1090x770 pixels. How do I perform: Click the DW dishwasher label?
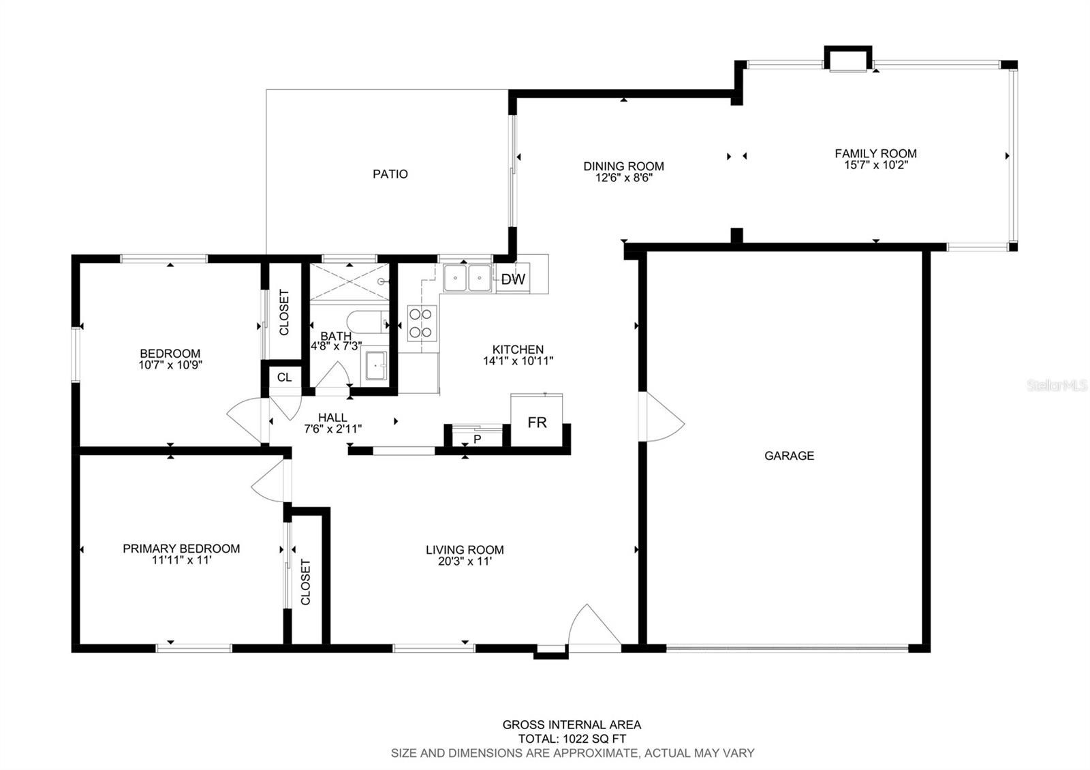click(x=514, y=279)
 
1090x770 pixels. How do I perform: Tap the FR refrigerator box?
click(x=537, y=422)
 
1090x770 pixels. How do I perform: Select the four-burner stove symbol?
click(x=422, y=323)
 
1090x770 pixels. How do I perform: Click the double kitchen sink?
click(x=467, y=278)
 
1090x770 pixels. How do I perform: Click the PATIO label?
click(x=390, y=174)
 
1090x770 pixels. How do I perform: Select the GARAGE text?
click(x=789, y=456)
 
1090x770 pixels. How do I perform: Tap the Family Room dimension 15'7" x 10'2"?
click(x=875, y=165)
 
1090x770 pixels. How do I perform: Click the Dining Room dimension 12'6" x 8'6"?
click(x=623, y=178)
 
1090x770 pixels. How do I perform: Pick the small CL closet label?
click(x=284, y=377)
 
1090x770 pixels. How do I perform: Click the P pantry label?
click(x=477, y=439)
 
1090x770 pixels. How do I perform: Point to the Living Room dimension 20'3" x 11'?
click(x=465, y=562)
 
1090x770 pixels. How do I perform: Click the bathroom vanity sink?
click(x=375, y=366)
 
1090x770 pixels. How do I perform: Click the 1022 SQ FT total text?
click(x=572, y=739)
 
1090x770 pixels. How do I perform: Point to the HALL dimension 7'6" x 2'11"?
click(x=332, y=429)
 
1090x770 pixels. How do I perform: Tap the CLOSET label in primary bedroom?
click(x=305, y=581)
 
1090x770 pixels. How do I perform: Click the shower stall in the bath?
click(x=349, y=281)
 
